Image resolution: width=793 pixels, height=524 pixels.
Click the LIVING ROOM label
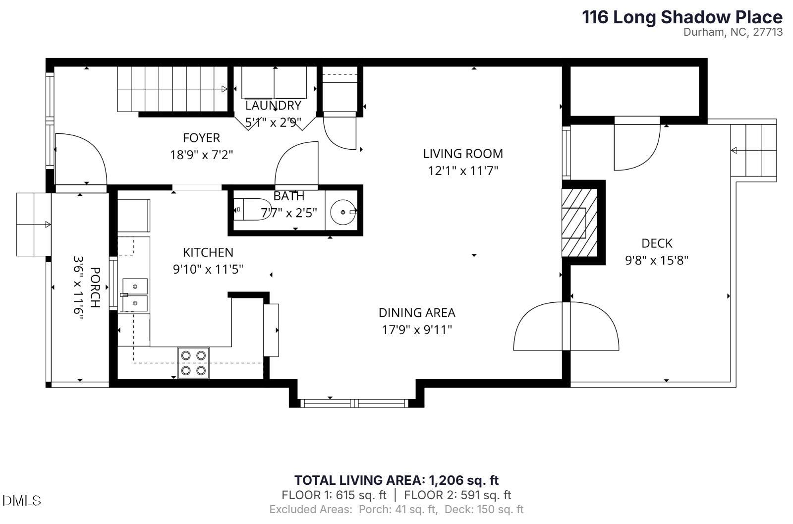coord(462,154)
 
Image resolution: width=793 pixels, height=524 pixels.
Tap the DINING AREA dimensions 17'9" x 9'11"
coord(417,330)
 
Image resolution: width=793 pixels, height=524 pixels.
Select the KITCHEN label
coord(208,252)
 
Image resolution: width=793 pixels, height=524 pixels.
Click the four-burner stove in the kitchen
coord(194,363)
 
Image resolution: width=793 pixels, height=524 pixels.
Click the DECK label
coord(657,243)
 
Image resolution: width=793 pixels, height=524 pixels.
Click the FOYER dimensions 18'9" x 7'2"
coord(201,155)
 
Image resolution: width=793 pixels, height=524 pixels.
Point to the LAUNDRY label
coord(273,106)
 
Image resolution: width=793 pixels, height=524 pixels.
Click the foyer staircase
coord(171,89)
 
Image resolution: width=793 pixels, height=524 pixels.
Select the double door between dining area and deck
coord(566,326)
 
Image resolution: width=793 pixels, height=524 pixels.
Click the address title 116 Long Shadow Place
coord(682,17)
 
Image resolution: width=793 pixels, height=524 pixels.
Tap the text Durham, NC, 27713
coord(733,32)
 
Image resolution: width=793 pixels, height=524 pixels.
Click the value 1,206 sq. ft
coord(463,480)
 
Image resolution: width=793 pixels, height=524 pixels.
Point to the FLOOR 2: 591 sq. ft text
coord(457,495)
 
